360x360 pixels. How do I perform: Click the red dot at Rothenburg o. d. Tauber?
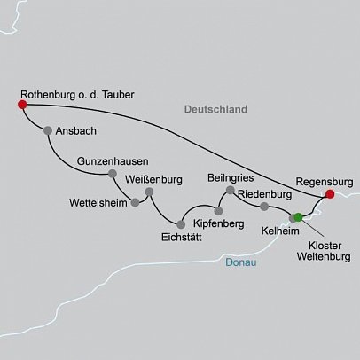[21, 105]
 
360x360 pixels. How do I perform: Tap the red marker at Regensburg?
[329, 193]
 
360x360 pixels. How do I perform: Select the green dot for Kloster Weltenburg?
[298, 217]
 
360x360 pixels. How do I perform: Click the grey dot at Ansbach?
[47, 129]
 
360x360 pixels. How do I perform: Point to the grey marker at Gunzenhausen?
[112, 174]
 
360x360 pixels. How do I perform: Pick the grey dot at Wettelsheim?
[135, 202]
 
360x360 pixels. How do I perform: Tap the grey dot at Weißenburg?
[149, 192]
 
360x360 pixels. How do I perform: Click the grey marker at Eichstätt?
[180, 223]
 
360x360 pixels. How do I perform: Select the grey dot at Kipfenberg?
[218, 210]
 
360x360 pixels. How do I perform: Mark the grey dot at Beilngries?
[230, 190]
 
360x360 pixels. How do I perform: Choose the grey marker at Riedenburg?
[264, 207]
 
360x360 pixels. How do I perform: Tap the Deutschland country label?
[214, 108]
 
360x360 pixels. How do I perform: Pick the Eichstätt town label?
[181, 237]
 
